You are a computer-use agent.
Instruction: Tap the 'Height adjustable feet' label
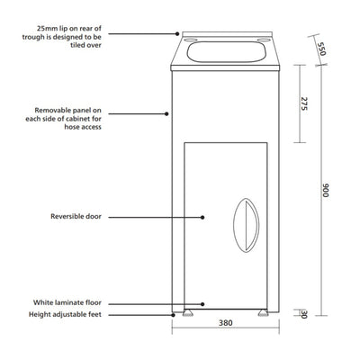pos(65,315)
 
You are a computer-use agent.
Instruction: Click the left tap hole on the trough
pos(191,40)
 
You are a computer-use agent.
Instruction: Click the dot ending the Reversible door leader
pos(203,216)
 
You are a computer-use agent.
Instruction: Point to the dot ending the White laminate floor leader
pos(203,304)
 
